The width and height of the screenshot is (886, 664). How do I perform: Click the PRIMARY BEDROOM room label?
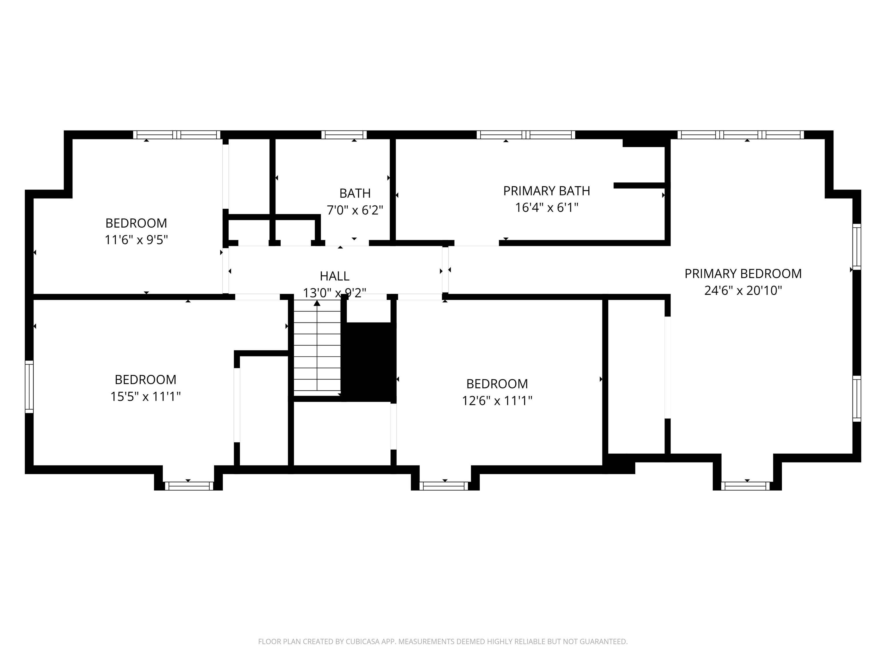pyautogui.click(x=743, y=274)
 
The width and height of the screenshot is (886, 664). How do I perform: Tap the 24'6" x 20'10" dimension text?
pyautogui.click(x=743, y=290)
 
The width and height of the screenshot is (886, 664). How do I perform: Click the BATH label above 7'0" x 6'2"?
pyautogui.click(x=355, y=193)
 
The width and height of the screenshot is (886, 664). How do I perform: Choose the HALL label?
pyautogui.click(x=335, y=276)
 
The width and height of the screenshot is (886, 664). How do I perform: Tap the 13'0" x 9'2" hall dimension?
pyautogui.click(x=335, y=293)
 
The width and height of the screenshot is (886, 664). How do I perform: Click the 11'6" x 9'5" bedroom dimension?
pyautogui.click(x=136, y=240)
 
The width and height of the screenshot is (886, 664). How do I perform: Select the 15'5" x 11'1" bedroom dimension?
pyautogui.click(x=145, y=396)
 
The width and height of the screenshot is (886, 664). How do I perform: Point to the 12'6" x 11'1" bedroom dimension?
pyautogui.click(x=497, y=401)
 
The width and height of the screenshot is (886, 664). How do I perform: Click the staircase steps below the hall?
pyautogui.click(x=317, y=347)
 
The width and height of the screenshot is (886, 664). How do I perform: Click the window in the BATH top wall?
pyautogui.click(x=344, y=135)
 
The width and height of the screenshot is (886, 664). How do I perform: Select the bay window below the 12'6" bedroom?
pyautogui.click(x=445, y=486)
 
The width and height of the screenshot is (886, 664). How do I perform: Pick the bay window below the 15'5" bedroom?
pyautogui.click(x=188, y=486)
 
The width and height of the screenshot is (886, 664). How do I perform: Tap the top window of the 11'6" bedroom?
pyautogui.click(x=177, y=135)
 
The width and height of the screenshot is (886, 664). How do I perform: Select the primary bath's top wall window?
pyautogui.click(x=526, y=135)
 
